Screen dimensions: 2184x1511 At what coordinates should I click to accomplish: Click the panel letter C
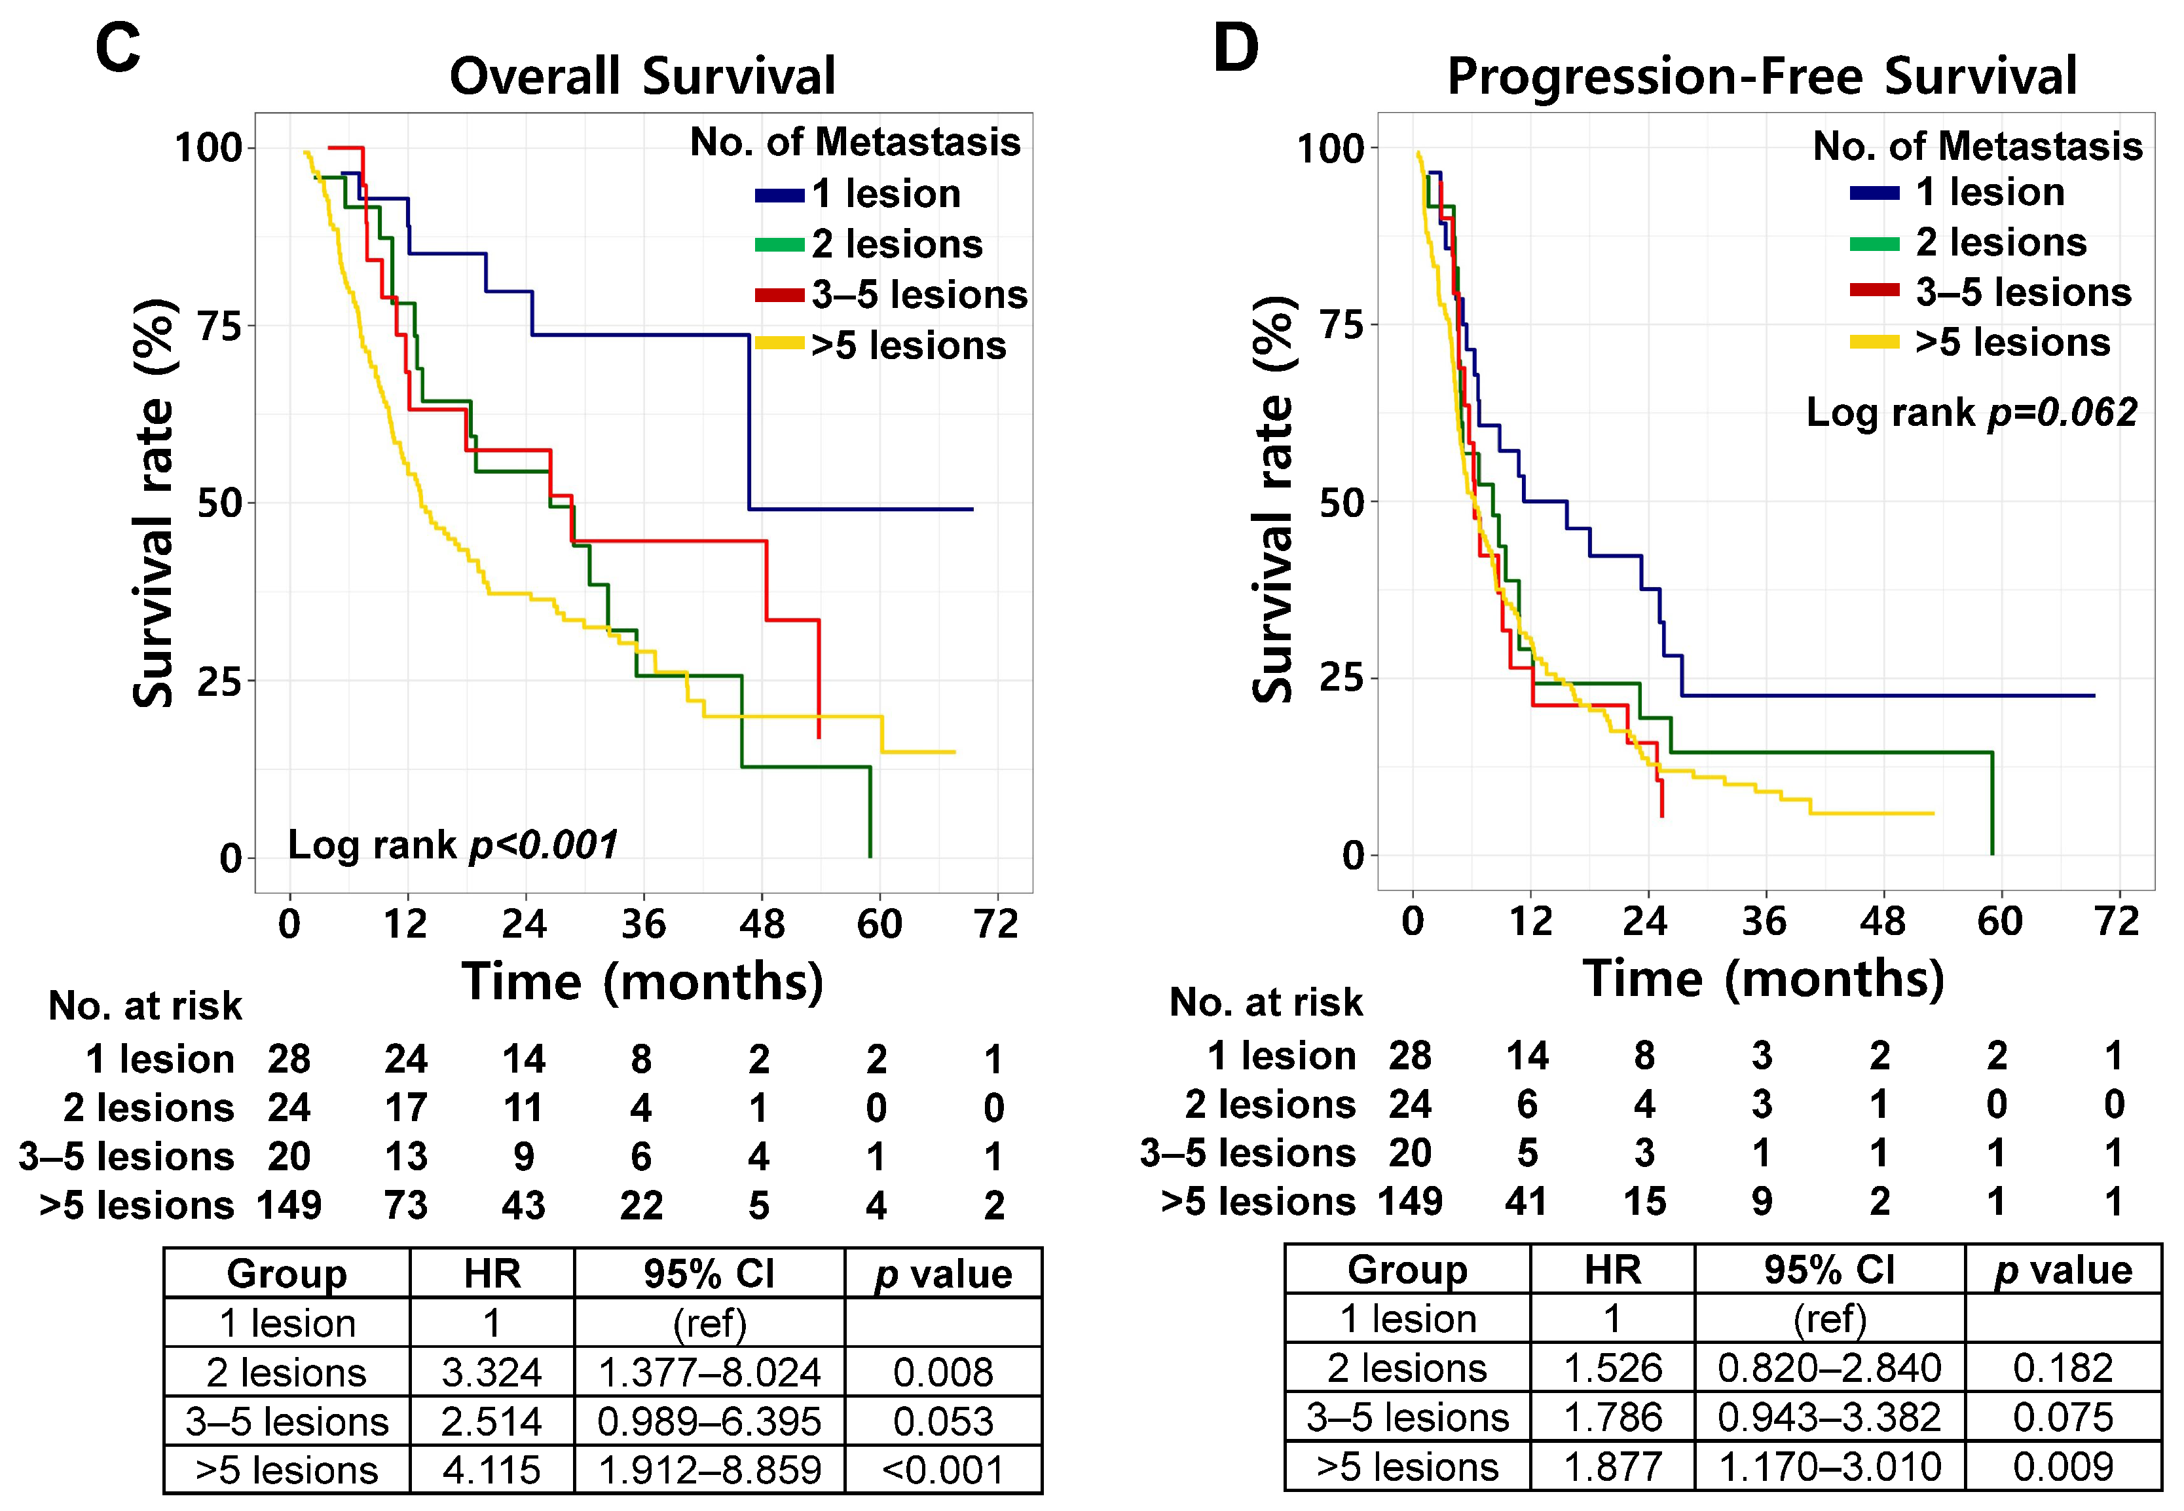[x=119, y=47]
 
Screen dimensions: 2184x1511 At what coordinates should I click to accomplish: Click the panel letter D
[x=1236, y=47]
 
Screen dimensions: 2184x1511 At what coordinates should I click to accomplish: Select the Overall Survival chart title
[x=642, y=76]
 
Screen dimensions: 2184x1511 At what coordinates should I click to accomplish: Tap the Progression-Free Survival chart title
[x=1762, y=76]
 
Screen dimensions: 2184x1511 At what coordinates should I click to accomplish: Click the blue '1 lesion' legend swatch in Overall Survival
[x=780, y=196]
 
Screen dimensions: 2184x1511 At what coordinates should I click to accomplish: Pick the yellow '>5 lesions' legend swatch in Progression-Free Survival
[x=1874, y=343]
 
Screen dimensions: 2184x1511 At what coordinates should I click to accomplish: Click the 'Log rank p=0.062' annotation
[x=1971, y=413]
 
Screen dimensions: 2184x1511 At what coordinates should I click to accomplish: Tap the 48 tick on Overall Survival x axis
[x=762, y=923]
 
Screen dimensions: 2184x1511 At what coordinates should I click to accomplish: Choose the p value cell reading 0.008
[x=944, y=1372]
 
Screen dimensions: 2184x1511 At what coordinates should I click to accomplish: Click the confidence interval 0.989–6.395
[x=710, y=1421]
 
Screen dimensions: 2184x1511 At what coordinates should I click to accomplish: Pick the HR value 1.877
[x=1612, y=1466]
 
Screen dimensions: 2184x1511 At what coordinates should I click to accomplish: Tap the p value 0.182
[x=2064, y=1368]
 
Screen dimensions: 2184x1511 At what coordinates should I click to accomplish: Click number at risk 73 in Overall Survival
[x=406, y=1205]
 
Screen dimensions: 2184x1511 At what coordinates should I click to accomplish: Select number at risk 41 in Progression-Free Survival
[x=1527, y=1202]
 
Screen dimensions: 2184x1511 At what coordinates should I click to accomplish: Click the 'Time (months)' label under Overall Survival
[x=642, y=981]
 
